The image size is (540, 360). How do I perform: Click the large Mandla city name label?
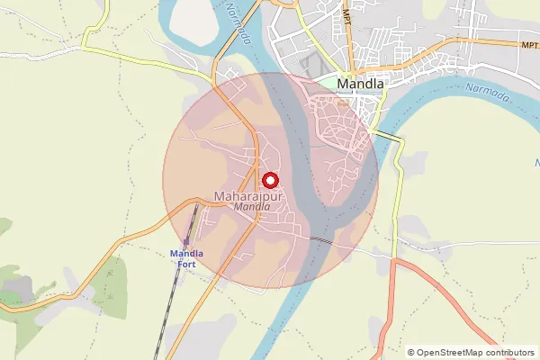coord(361,85)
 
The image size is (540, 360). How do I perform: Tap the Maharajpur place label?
coord(248,195)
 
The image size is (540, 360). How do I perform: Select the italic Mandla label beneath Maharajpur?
coord(251,207)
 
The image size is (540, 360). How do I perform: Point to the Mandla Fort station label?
coord(187,259)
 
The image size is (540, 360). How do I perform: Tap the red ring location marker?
coord(270,180)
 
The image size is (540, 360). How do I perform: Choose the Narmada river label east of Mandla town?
coord(487,91)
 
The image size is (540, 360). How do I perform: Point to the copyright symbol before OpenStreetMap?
coord(411,353)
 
